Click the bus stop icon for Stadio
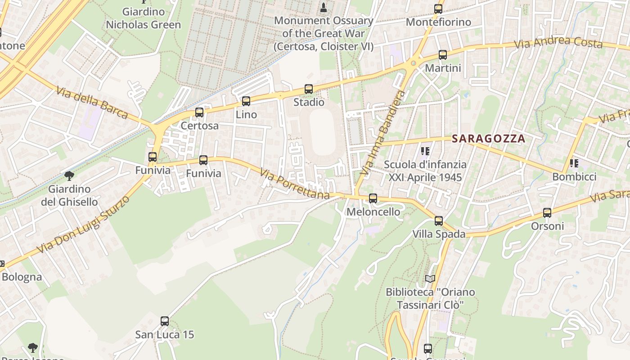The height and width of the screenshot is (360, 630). coord(308,89)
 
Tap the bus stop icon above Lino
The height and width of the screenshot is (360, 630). coord(246,101)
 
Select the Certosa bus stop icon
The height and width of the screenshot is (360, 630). coord(199,112)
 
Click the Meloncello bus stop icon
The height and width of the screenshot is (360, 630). coord(373,198)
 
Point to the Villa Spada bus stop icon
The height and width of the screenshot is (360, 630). coord(439,221)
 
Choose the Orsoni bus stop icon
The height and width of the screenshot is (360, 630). coord(547,213)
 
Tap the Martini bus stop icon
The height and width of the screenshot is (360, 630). coord(443,55)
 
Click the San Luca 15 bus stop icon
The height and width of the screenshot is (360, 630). coord(165,321)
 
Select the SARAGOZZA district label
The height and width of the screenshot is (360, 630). coord(489,139)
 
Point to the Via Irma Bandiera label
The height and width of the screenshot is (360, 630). coord(383,133)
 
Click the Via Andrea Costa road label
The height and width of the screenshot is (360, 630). coord(558,42)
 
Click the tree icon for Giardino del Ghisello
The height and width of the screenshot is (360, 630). coord(69,175)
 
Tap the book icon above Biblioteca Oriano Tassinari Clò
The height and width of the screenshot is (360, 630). coord(430,279)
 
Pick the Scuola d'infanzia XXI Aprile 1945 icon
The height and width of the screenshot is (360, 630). coord(425,151)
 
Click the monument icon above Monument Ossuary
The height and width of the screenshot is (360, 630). coord(323,7)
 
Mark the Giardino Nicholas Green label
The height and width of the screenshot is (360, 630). coord(143,18)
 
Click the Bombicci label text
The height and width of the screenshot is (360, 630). coord(574,177)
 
